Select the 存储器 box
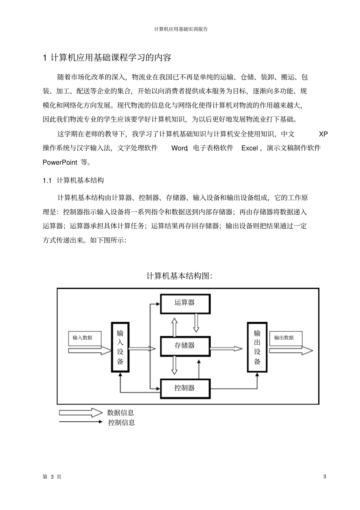pyautogui.click(x=185, y=345)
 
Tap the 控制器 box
pyautogui.click(x=185, y=388)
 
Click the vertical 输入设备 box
pyautogui.click(x=120, y=347)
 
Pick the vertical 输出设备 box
pyautogui.click(x=257, y=347)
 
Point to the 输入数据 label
pyautogui.click(x=83, y=337)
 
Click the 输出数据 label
pyautogui.click(x=284, y=337)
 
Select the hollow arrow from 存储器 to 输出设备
pyautogui.click(x=227, y=348)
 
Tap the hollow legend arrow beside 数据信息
pyautogui.click(x=80, y=413)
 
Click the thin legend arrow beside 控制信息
pyautogui.click(x=80, y=422)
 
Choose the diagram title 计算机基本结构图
pyautogui.click(x=179, y=276)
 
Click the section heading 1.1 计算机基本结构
pyautogui.click(x=74, y=180)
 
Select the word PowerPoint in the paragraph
pyautogui.click(x=60, y=162)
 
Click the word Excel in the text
pyautogui.click(x=250, y=148)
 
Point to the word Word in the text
pyautogui.click(x=179, y=148)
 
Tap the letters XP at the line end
pyautogui.click(x=323, y=134)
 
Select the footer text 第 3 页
pyautogui.click(x=52, y=477)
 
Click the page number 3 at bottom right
pyautogui.click(x=324, y=477)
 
